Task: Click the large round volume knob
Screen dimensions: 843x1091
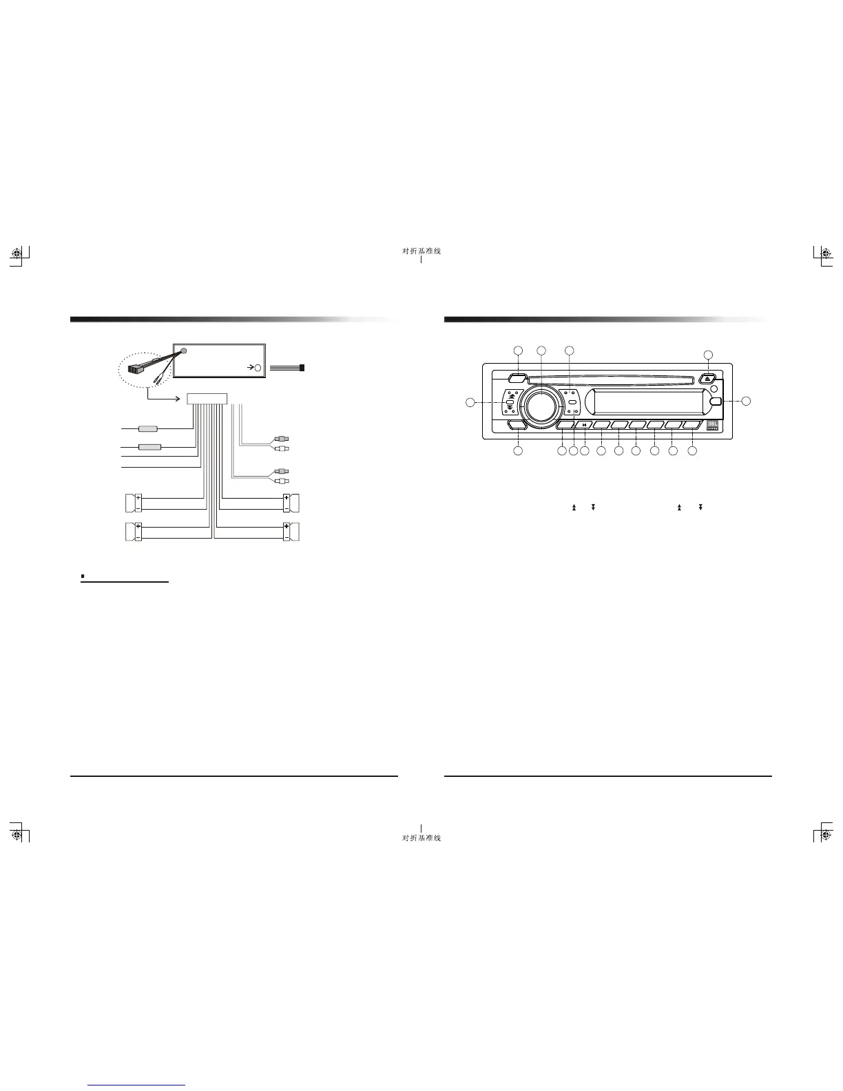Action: pyautogui.click(x=541, y=404)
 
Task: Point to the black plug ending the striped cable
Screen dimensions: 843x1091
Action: pyautogui.click(x=303, y=368)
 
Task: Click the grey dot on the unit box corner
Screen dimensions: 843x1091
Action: pyautogui.click(x=184, y=351)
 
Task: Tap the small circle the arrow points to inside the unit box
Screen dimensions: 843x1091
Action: pyautogui.click(x=258, y=368)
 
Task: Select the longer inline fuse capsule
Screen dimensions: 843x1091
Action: pyautogui.click(x=150, y=447)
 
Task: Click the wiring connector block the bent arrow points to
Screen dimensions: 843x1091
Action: pyautogui.click(x=207, y=398)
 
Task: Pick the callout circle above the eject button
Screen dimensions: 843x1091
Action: pyautogui.click(x=709, y=354)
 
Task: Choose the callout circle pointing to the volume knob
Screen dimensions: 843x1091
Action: pyautogui.click(x=541, y=351)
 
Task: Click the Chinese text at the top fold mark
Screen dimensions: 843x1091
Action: pyautogui.click(x=421, y=251)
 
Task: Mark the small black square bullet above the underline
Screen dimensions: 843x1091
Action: pyautogui.click(x=83, y=574)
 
